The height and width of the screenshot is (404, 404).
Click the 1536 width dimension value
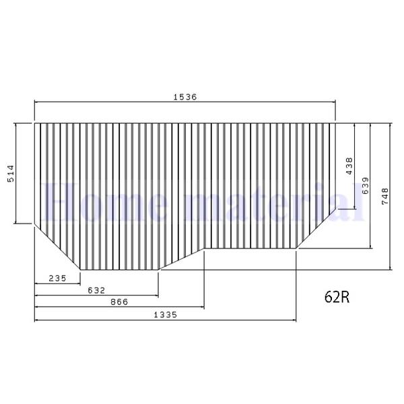coord(185,96)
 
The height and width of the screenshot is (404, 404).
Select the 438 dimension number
coord(349,166)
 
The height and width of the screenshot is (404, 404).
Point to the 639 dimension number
coord(364,185)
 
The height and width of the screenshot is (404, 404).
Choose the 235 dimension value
coord(57,278)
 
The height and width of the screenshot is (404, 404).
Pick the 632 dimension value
coord(96,290)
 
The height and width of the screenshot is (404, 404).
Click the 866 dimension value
coord(119,302)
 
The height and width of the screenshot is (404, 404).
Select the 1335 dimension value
coord(165,314)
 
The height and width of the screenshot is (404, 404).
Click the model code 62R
coord(337,296)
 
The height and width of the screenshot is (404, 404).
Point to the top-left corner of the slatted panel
coord(34,123)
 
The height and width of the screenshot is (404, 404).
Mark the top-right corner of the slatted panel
coord(335,123)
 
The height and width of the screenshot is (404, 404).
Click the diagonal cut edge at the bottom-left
coord(57,246)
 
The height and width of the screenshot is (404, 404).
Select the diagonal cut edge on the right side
coord(316,229)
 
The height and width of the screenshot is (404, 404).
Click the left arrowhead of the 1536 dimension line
coord(36,102)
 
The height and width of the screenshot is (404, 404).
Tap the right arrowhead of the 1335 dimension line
coord(294,320)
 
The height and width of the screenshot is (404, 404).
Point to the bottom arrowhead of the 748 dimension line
coord(391,269)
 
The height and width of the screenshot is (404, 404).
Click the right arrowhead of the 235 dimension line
coord(79,283)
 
